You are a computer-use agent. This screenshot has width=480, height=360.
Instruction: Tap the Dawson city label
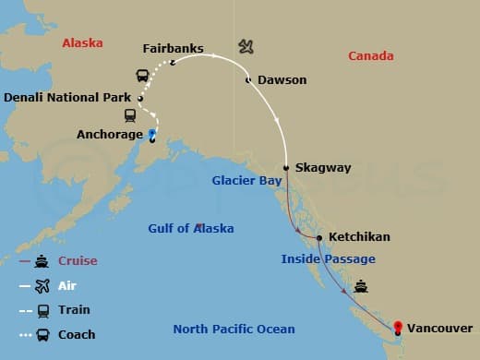(x=282, y=80)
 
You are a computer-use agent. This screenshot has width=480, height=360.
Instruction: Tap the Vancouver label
(x=439, y=328)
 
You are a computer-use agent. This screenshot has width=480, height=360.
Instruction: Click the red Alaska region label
(x=82, y=43)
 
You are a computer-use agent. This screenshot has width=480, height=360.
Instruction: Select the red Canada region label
(x=370, y=56)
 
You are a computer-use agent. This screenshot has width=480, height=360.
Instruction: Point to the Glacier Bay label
(x=246, y=181)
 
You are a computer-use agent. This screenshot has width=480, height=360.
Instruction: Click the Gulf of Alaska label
(x=191, y=228)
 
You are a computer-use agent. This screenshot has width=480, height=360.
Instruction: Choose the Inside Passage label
(x=328, y=259)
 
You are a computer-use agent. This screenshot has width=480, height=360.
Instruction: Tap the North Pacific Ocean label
(x=234, y=329)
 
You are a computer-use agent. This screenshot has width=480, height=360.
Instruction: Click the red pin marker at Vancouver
(x=398, y=326)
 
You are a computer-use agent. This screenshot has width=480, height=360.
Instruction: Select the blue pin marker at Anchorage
(x=151, y=134)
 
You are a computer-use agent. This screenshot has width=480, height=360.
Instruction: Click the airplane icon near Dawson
(x=246, y=45)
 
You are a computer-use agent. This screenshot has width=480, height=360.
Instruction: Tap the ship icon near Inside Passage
(x=361, y=286)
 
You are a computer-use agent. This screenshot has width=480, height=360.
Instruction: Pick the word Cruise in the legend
(x=78, y=261)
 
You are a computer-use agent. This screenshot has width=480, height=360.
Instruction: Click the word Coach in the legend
(x=78, y=334)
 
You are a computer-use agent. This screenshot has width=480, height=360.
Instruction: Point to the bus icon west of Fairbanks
(x=143, y=76)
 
